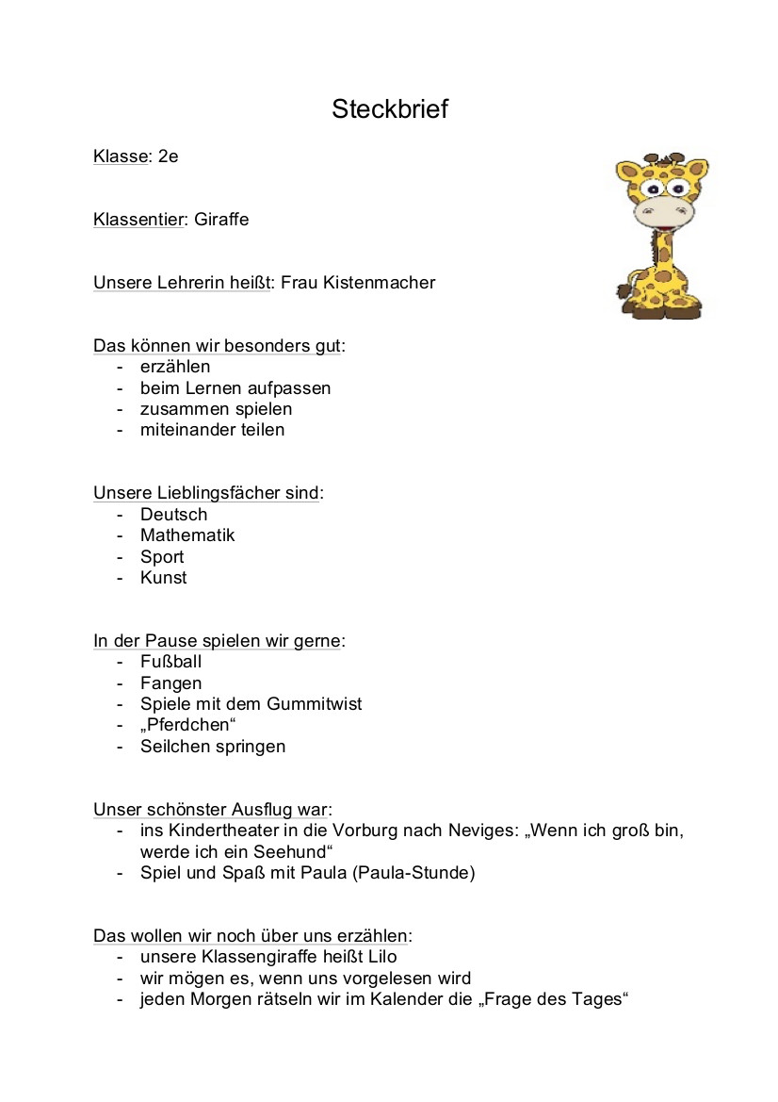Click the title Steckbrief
click(x=389, y=110)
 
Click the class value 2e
click(x=168, y=156)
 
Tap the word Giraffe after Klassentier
click(x=221, y=220)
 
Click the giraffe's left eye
click(x=650, y=189)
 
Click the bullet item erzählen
click(x=175, y=367)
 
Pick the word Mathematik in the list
click(x=187, y=535)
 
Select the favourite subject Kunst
click(x=163, y=578)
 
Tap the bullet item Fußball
click(x=170, y=662)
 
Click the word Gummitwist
click(x=314, y=704)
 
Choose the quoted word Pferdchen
click(x=187, y=725)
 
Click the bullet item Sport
click(x=162, y=557)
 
